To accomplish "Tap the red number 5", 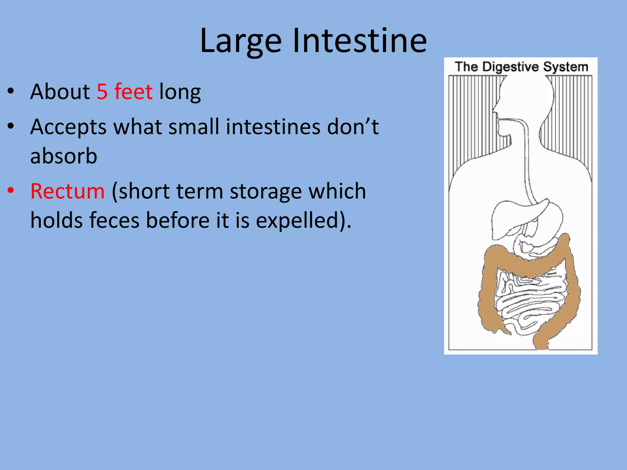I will click(102, 91).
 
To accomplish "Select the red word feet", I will click(133, 91).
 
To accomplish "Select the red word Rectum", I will click(68, 191).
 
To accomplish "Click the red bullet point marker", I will click(11, 190).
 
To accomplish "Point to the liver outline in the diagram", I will click(508, 217).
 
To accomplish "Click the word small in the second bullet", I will click(194, 127).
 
